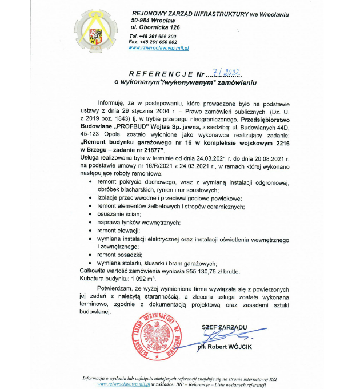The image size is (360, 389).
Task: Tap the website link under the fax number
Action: pos(159,48)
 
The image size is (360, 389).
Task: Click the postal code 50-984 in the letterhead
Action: pos(143,19)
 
